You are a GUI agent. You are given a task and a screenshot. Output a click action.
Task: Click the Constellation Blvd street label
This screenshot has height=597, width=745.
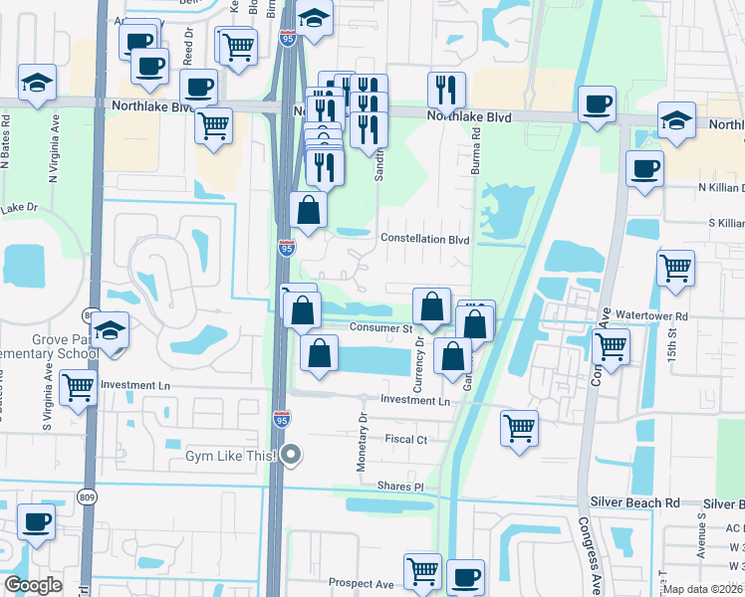425,239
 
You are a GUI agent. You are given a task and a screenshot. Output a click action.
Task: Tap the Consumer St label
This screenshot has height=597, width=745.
379,327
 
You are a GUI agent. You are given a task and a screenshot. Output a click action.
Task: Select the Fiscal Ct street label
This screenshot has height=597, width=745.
405,439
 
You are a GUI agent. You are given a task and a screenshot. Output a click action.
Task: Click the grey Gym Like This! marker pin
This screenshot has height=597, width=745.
291,456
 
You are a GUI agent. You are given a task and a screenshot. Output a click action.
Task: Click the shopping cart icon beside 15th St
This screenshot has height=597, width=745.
675,268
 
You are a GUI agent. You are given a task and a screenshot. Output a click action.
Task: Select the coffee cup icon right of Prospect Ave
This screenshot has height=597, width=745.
464,576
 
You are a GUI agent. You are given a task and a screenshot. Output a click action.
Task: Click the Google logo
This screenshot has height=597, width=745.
33,585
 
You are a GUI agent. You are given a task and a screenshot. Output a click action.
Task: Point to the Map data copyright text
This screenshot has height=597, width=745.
701,589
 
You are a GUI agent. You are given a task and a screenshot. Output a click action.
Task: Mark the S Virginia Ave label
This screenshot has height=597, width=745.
47,397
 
